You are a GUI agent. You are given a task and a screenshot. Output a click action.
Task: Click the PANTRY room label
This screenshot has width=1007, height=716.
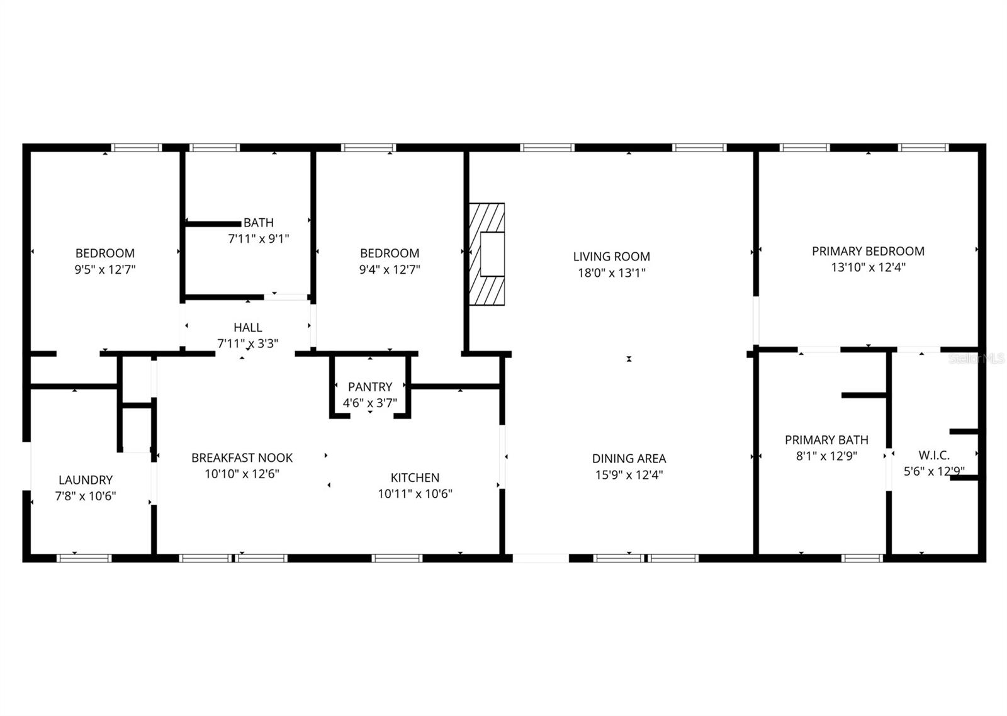coord(370,387)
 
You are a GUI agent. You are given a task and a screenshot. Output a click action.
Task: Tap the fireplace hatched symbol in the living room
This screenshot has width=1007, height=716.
coord(487,254)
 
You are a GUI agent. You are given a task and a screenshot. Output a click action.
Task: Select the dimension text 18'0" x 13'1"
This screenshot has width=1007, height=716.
coord(611,273)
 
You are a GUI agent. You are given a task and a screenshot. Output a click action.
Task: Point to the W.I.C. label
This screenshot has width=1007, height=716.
coord(934,455)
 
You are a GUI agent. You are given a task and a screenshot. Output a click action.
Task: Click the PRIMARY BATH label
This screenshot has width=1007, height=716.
coord(826,440)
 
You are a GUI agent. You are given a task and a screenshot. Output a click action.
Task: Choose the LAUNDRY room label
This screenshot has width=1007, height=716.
coord(86,480)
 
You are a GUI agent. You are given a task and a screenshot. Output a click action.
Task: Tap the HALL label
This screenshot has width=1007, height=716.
coord(247,327)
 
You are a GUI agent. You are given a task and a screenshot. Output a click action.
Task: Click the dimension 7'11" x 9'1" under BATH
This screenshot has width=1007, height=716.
coord(258,238)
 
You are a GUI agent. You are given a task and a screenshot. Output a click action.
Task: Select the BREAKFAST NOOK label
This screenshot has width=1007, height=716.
coord(242,457)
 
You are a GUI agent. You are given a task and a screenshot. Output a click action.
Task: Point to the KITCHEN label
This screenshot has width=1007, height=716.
coord(415,478)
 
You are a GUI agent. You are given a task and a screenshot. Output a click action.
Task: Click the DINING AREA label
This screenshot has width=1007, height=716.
coord(629,459)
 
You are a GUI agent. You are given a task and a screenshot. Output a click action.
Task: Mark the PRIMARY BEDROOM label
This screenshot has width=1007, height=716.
coord(868,251)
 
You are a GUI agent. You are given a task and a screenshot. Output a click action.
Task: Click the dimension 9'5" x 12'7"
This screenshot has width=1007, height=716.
coord(105,269)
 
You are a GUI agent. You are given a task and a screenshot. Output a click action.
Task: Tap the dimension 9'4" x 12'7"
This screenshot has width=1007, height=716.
coord(390,269)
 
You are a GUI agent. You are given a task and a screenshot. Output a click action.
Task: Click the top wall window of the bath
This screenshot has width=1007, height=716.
coord(215,148)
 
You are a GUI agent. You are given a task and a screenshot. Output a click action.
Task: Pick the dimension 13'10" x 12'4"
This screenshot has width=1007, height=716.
coord(868,267)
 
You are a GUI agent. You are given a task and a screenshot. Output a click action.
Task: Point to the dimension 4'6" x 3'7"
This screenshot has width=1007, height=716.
coord(370,403)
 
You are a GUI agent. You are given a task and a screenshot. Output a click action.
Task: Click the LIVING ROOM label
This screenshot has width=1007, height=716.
coord(611,257)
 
